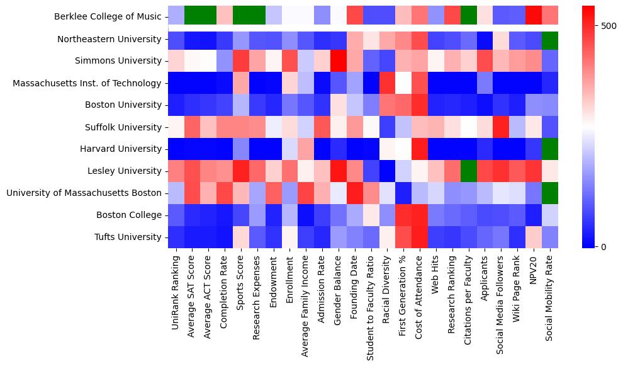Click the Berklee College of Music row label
click(x=108, y=17)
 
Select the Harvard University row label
click(x=123, y=149)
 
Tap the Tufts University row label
click(x=128, y=237)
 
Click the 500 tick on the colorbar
click(x=602, y=26)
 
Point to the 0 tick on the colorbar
click(x=599, y=246)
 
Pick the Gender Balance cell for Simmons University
click(x=340, y=61)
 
